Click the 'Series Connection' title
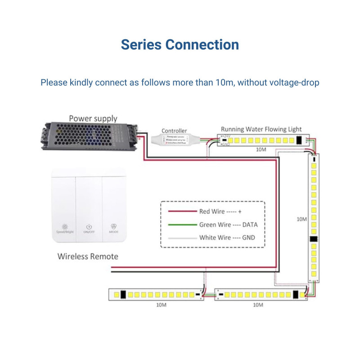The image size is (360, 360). pyautogui.click(x=180, y=45)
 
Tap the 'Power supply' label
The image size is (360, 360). pyautogui.click(x=93, y=119)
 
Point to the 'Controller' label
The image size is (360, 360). pyautogui.click(x=174, y=131)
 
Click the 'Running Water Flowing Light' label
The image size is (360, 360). pyautogui.click(x=261, y=130)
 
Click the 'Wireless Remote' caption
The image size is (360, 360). pyautogui.click(x=88, y=256)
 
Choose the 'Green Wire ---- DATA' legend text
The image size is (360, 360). pyautogui.click(x=228, y=225)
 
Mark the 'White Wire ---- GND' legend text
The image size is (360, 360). pyautogui.click(x=227, y=238)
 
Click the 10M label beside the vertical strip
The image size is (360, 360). pyautogui.click(x=301, y=219)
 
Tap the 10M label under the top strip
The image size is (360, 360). pyautogui.click(x=261, y=148)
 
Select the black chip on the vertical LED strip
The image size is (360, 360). pyautogui.click(x=313, y=240)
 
